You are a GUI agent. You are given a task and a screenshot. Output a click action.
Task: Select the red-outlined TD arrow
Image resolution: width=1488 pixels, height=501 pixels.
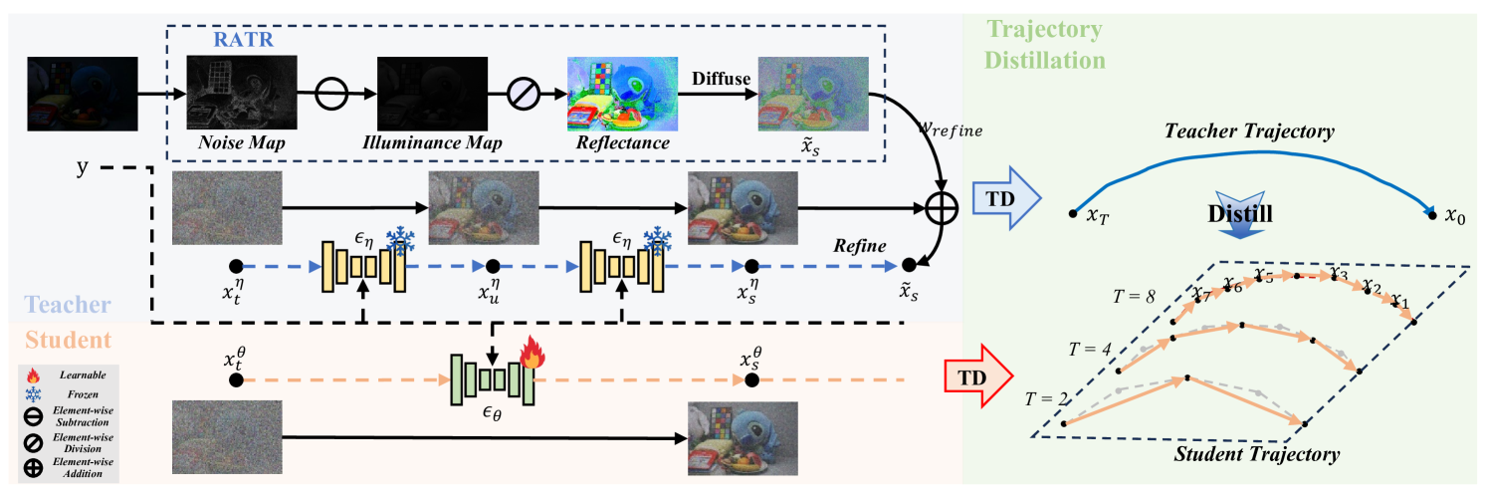point(978,379)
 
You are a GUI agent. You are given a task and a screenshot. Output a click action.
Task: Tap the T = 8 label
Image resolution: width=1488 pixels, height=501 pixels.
point(1133,296)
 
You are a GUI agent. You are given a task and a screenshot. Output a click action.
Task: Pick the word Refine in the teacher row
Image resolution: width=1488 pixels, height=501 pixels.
point(861,246)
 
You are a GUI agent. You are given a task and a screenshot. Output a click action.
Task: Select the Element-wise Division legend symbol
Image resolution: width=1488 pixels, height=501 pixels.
point(33,439)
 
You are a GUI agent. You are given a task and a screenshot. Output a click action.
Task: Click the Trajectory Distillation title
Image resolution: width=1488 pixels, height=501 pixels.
point(1045,44)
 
